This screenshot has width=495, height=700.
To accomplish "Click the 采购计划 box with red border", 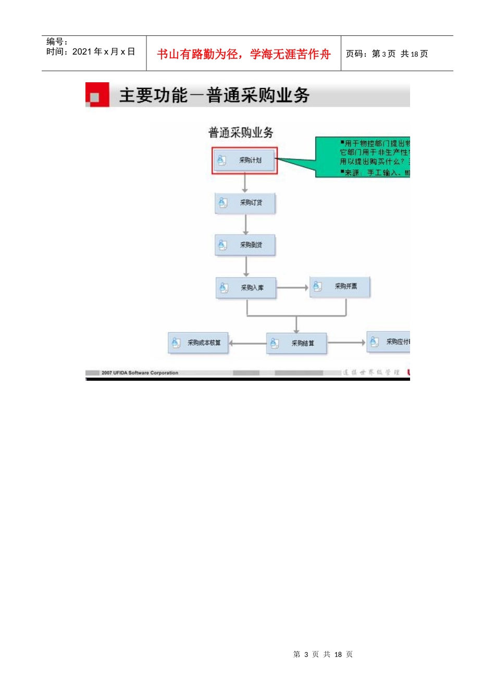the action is point(244,160).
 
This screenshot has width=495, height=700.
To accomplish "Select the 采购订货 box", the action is point(245,203).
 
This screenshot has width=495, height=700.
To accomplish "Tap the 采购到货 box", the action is point(245,245).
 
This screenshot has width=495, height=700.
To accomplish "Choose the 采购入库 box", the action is point(246,287).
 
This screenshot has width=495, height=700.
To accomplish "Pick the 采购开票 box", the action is point(340,286).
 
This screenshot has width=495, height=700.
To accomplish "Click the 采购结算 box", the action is point(296,343).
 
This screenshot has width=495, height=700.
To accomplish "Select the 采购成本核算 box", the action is point(198,343).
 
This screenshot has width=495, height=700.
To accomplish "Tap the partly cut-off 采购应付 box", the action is point(389,342).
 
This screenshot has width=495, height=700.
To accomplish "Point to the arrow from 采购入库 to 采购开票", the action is point(292,287).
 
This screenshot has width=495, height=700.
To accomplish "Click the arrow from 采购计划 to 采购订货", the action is point(245,183).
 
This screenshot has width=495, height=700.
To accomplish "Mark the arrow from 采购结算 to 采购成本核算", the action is point(247,343).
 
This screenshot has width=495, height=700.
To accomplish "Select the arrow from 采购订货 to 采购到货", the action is point(246,224).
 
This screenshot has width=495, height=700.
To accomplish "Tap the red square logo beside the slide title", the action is point(97,95).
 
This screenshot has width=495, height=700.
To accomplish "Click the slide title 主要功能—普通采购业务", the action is point(214,95).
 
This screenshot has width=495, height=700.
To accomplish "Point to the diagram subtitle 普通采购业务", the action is point(241,133).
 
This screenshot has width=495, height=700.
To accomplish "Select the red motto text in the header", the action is point(244,54).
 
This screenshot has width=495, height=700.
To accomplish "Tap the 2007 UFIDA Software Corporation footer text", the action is point(140,373).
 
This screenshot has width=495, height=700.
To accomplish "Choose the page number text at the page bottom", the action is point(323,654).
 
